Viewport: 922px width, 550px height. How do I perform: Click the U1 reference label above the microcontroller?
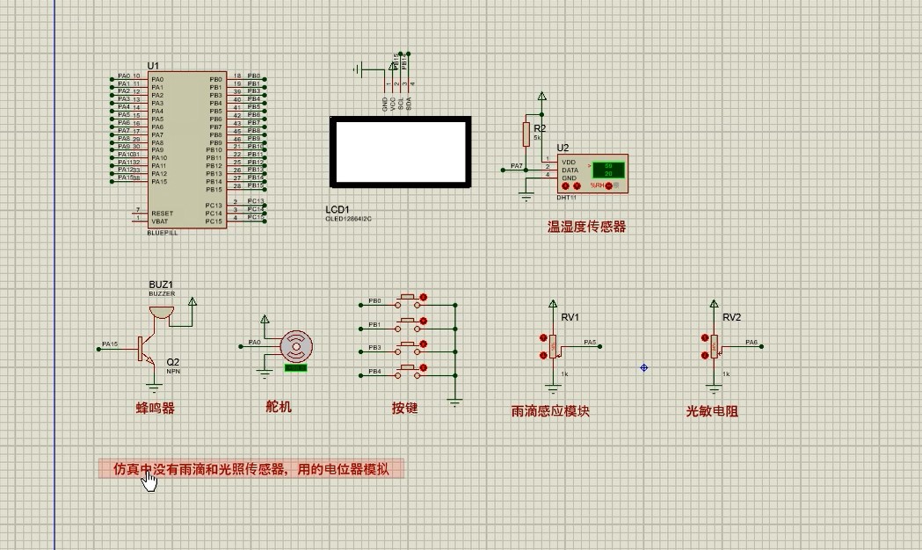153,66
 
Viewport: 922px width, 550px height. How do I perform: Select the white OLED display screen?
400,151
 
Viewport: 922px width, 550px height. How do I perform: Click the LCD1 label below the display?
338,209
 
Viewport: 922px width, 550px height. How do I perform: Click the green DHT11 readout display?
607,170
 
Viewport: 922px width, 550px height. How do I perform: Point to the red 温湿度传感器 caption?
586,227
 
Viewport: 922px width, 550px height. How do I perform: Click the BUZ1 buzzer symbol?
162,309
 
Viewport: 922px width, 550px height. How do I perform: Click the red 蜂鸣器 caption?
155,408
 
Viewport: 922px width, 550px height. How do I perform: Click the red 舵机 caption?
279,407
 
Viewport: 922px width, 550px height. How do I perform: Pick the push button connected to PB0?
407,299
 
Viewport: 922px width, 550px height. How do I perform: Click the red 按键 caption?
404,409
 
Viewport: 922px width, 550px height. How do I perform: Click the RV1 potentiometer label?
570,317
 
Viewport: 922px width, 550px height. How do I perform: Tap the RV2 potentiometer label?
731,317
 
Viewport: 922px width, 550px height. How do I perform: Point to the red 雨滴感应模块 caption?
550,411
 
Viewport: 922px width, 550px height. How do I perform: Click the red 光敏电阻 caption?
712,411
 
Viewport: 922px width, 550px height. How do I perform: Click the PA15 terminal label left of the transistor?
110,344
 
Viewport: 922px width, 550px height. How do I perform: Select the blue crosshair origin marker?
644,367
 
